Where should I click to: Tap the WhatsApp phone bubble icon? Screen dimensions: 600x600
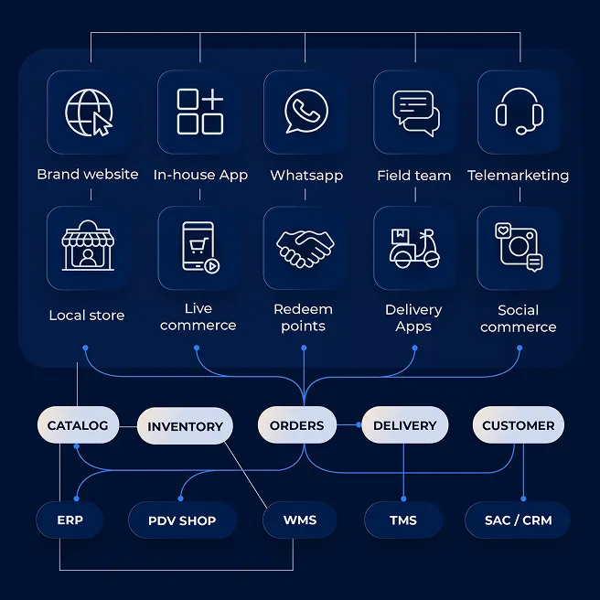pyautogui.click(x=305, y=112)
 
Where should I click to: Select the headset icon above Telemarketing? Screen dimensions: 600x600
pyautogui.click(x=519, y=112)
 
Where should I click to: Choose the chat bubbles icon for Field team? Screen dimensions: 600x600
pyautogui.click(x=415, y=112)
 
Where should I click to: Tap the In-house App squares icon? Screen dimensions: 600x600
pyautogui.click(x=199, y=112)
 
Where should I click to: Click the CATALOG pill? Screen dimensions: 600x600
pyautogui.click(x=78, y=425)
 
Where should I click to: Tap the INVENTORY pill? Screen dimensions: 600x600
pyautogui.click(x=185, y=426)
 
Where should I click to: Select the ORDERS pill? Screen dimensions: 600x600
pyautogui.click(x=296, y=425)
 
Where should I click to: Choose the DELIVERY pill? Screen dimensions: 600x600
pyautogui.click(x=404, y=425)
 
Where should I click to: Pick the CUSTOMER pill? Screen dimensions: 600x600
pyautogui.click(x=518, y=425)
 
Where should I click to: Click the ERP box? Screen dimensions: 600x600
pyautogui.click(x=70, y=520)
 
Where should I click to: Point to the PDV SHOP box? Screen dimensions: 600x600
pyautogui.click(x=182, y=520)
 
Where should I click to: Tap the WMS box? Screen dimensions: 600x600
pyautogui.click(x=299, y=520)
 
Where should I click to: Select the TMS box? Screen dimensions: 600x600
pyautogui.click(x=402, y=520)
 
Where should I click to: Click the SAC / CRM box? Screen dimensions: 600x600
pyautogui.click(x=518, y=520)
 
